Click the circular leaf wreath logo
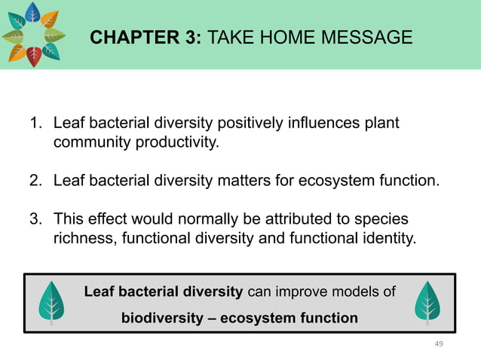(x=32, y=35)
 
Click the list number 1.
(x=35, y=123)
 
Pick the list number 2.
(x=35, y=181)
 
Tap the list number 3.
(x=35, y=220)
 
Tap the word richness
(x=79, y=239)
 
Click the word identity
(x=384, y=239)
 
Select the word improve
(x=305, y=291)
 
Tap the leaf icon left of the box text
(x=52, y=304)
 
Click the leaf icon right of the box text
(x=428, y=304)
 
